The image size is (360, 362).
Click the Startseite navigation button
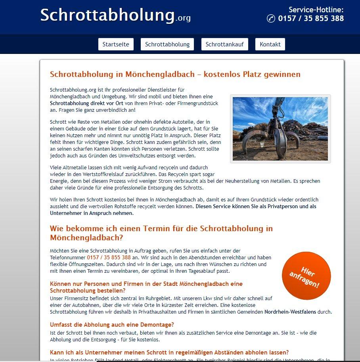[x=116, y=44]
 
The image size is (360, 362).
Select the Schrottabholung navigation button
[x=167, y=44]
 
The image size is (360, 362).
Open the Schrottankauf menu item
[x=225, y=44]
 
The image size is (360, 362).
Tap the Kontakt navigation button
[x=270, y=44]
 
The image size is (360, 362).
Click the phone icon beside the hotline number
[x=271, y=19]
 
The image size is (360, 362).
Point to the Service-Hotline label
[x=316, y=10]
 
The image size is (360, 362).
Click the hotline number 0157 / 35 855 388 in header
[x=311, y=19]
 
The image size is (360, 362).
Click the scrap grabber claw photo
[x=280, y=129]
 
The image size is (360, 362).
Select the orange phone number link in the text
[x=109, y=257]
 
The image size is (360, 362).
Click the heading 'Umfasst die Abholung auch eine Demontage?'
[x=112, y=324]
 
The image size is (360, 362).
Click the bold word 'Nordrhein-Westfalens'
[x=290, y=312]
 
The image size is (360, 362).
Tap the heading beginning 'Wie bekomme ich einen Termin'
[x=161, y=233]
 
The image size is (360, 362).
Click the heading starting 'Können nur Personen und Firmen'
[x=146, y=287]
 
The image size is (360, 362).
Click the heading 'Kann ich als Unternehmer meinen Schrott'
[x=169, y=352]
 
